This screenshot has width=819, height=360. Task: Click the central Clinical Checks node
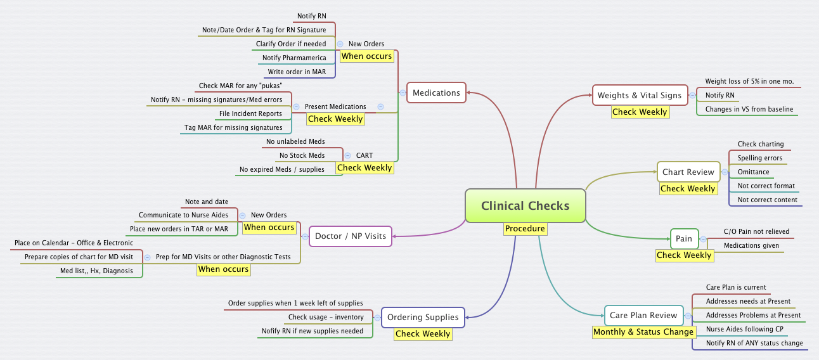point(525,205)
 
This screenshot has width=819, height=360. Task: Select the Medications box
point(436,93)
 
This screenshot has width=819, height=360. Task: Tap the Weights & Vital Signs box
point(639,96)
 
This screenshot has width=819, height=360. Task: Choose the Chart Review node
point(688,172)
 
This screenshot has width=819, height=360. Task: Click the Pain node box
point(684,239)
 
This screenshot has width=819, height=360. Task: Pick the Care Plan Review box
point(643,315)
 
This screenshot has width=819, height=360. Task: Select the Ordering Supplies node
point(423,317)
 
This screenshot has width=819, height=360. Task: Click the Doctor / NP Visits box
point(350,236)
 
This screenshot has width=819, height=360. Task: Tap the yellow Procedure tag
point(525,229)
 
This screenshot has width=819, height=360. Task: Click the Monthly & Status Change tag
point(643,331)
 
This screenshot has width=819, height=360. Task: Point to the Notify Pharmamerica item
point(294,58)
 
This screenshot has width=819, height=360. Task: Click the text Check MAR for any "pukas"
point(240,86)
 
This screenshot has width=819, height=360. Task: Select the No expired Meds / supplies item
point(281,169)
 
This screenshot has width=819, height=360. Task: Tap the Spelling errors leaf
point(759,158)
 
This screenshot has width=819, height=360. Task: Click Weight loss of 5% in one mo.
point(749,82)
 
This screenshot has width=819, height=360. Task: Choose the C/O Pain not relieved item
point(756,231)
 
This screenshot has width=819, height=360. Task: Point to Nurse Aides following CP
point(744,329)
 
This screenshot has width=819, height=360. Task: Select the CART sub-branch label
point(364,155)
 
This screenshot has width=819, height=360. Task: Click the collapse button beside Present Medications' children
point(296,106)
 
